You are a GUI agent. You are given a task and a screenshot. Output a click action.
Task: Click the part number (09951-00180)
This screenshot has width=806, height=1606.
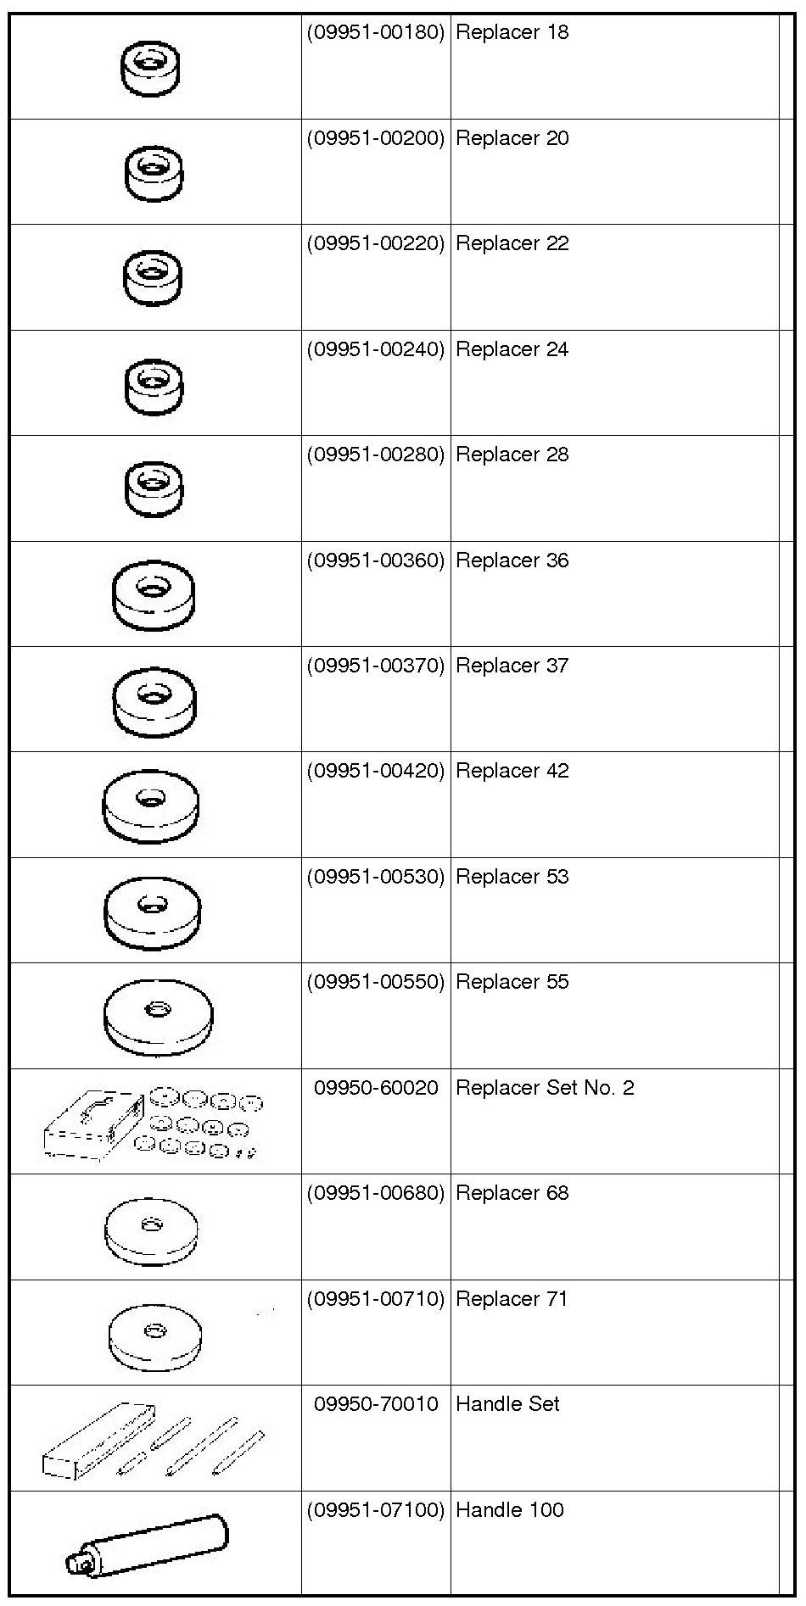tap(375, 33)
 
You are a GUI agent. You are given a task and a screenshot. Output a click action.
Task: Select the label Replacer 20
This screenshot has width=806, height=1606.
tap(512, 138)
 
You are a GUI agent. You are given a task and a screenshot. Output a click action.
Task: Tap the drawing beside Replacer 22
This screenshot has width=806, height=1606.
tap(153, 277)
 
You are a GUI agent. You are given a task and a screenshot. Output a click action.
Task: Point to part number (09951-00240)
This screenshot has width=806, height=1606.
tap(375, 349)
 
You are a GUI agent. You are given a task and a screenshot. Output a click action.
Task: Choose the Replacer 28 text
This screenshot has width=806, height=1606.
tap(512, 454)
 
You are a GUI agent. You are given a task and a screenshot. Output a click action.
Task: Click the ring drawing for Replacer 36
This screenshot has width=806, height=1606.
tap(153, 594)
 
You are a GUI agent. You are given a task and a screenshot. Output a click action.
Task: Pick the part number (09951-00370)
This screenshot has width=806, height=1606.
tap(375, 666)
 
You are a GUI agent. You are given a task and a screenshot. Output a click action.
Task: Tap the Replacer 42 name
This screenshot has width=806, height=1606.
tap(512, 771)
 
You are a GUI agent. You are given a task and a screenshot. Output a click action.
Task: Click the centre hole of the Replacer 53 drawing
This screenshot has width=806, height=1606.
tap(152, 905)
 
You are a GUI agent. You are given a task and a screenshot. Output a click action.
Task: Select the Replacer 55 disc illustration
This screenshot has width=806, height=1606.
tap(158, 1017)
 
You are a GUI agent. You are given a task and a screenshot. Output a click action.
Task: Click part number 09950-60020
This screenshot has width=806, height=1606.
tap(376, 1088)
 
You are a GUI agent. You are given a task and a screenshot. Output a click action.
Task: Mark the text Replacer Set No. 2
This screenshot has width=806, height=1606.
tap(545, 1088)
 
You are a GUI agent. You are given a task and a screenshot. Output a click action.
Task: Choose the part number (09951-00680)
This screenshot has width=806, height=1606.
tap(375, 1193)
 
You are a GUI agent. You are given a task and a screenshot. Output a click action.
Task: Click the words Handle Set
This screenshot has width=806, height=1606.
tap(507, 1404)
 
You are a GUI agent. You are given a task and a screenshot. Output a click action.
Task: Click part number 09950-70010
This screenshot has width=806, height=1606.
tap(376, 1404)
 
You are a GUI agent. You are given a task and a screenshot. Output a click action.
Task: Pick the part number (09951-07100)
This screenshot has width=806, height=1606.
tap(375, 1510)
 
